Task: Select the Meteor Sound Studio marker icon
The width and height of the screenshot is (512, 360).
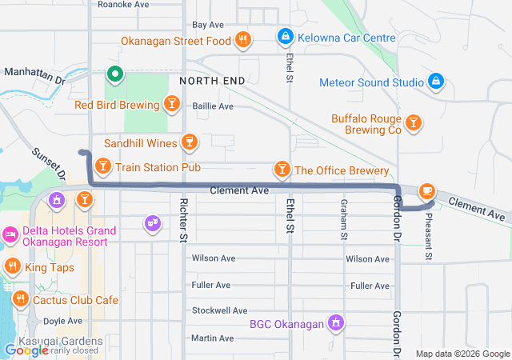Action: [x=435, y=82]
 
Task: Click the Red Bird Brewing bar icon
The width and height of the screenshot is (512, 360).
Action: [x=171, y=104]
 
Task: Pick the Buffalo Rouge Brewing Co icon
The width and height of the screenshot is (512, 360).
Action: [x=413, y=122]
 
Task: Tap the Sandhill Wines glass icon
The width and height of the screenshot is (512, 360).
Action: [x=188, y=142]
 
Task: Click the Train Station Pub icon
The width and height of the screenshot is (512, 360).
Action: [x=102, y=166]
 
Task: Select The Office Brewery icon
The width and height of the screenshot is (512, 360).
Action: [x=282, y=170]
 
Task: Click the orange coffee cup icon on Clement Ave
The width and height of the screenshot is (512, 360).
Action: [x=427, y=190]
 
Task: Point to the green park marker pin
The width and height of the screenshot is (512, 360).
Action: [x=114, y=75]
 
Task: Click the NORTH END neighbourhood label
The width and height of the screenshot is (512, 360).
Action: [x=211, y=82]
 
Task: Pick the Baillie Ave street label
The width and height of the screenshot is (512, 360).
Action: [x=213, y=106]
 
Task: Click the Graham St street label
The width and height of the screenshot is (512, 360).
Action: [x=345, y=219]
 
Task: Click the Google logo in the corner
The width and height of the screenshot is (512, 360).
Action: [x=26, y=350]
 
